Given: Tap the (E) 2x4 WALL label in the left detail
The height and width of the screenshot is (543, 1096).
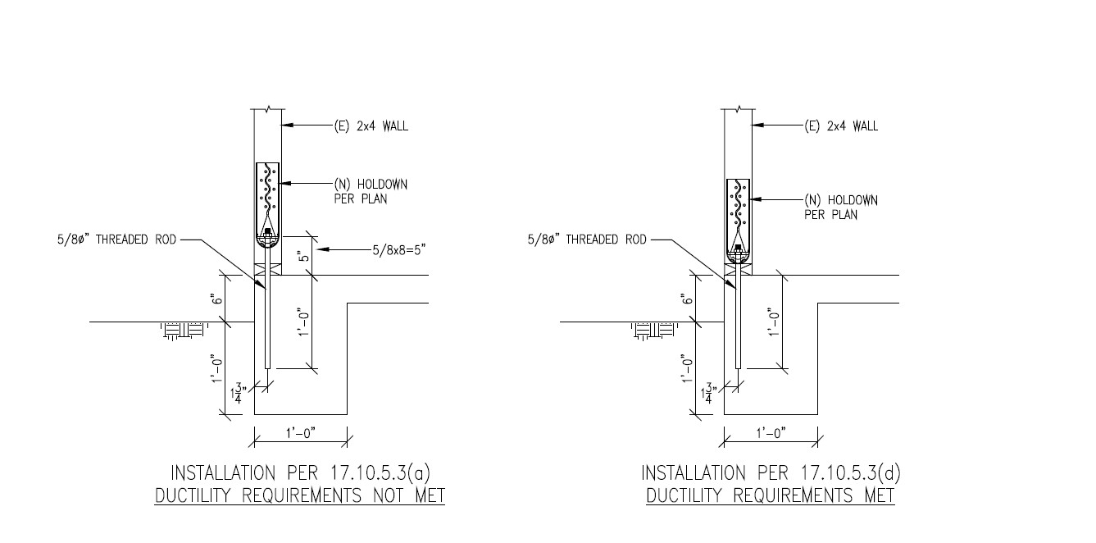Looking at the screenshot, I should [x=371, y=126].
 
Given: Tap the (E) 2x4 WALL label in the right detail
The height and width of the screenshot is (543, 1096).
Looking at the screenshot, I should [x=840, y=126].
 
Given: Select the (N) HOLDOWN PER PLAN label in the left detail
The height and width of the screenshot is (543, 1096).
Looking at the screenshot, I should [x=371, y=191].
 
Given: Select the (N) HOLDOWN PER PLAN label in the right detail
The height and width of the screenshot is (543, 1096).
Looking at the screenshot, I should [x=840, y=207].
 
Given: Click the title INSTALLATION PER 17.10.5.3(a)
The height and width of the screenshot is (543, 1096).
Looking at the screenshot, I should [x=300, y=473].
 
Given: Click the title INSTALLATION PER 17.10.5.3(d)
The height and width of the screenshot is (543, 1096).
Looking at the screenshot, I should [x=771, y=473].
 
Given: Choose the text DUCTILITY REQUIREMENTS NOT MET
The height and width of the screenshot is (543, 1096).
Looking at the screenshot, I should [x=300, y=496].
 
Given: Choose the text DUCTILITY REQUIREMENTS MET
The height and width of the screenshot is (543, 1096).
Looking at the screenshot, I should [x=771, y=496].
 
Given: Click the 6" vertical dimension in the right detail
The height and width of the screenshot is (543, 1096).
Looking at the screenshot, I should [x=687, y=299].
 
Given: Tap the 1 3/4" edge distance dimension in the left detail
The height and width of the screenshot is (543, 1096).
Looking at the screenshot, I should [x=238, y=391].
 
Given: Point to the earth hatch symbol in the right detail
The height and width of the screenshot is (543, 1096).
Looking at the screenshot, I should [x=653, y=331].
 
